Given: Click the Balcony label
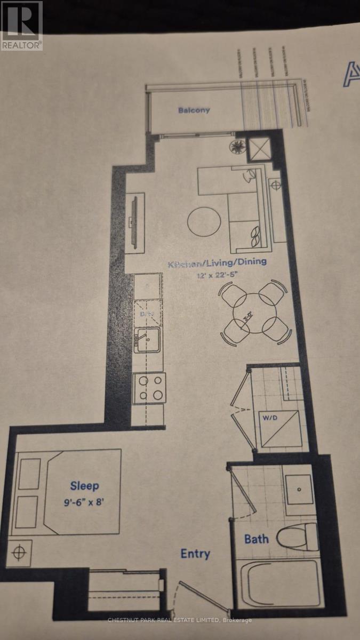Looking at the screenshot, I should (x=194, y=110).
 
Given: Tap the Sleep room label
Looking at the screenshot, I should (x=84, y=486).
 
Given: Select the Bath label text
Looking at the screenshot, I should (x=256, y=539).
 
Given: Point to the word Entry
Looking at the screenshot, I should (x=195, y=554).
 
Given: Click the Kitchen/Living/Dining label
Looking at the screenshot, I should (x=217, y=263).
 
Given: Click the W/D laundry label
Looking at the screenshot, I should (x=268, y=417).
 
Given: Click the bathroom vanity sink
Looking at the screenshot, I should (x=298, y=489).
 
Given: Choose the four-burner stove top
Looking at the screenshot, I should (x=149, y=388).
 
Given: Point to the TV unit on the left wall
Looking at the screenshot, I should (x=133, y=219).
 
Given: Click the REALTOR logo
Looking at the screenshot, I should (x=21, y=26).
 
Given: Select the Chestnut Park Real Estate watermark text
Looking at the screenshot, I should (x=180, y=620).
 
